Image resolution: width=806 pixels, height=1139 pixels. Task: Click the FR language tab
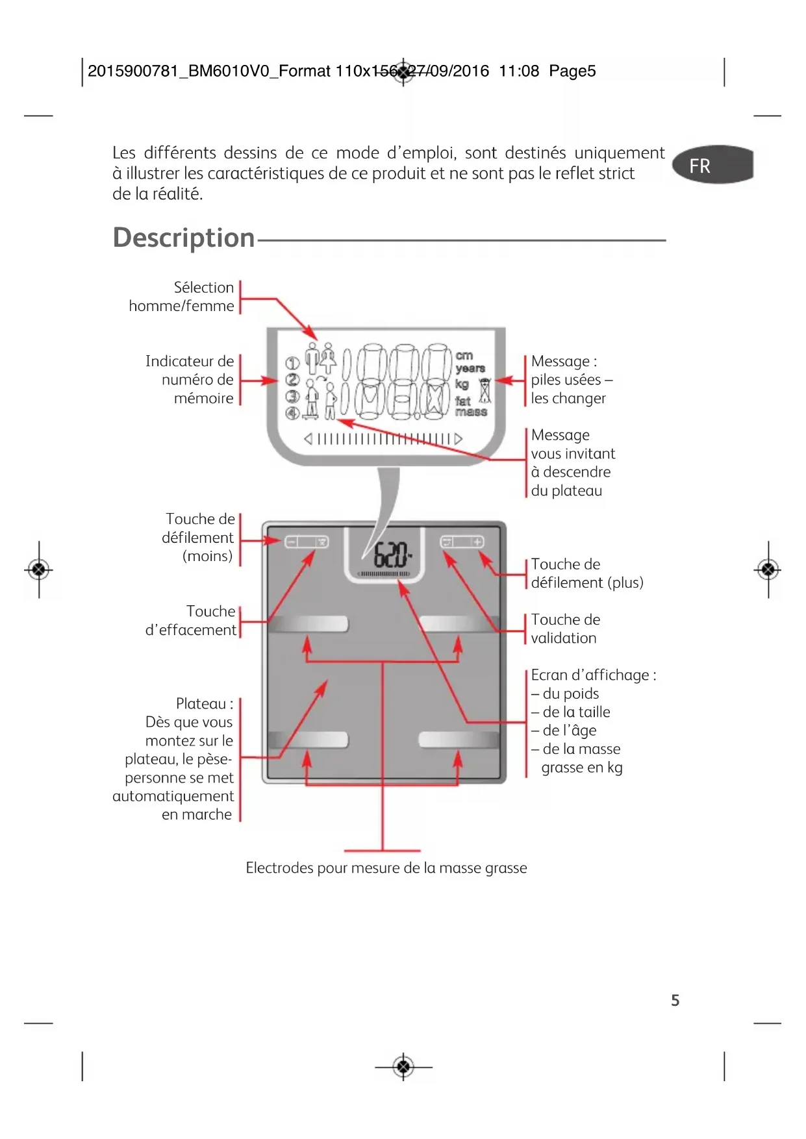click(x=712, y=165)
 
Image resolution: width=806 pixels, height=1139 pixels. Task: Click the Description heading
click(x=184, y=238)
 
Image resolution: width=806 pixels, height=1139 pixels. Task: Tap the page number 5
click(x=675, y=1000)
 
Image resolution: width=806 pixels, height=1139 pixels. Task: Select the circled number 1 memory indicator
click(x=292, y=363)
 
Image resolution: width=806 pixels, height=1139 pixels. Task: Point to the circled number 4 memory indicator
click(x=292, y=413)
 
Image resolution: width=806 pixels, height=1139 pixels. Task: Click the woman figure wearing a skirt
click(x=328, y=359)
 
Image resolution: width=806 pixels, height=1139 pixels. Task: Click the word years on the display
click(x=470, y=368)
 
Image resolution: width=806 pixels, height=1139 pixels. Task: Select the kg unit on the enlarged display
click(x=462, y=384)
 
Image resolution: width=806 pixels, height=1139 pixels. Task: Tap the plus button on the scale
click(x=477, y=542)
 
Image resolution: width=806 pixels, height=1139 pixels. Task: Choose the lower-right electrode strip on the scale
click(x=459, y=740)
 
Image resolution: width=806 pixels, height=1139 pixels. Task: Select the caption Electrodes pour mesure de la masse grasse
click(x=386, y=868)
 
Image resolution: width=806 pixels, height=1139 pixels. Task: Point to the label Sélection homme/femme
click(x=182, y=297)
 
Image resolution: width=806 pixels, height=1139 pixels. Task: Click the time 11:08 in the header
click(x=518, y=71)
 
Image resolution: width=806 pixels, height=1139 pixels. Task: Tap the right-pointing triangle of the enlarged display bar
click(x=459, y=439)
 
